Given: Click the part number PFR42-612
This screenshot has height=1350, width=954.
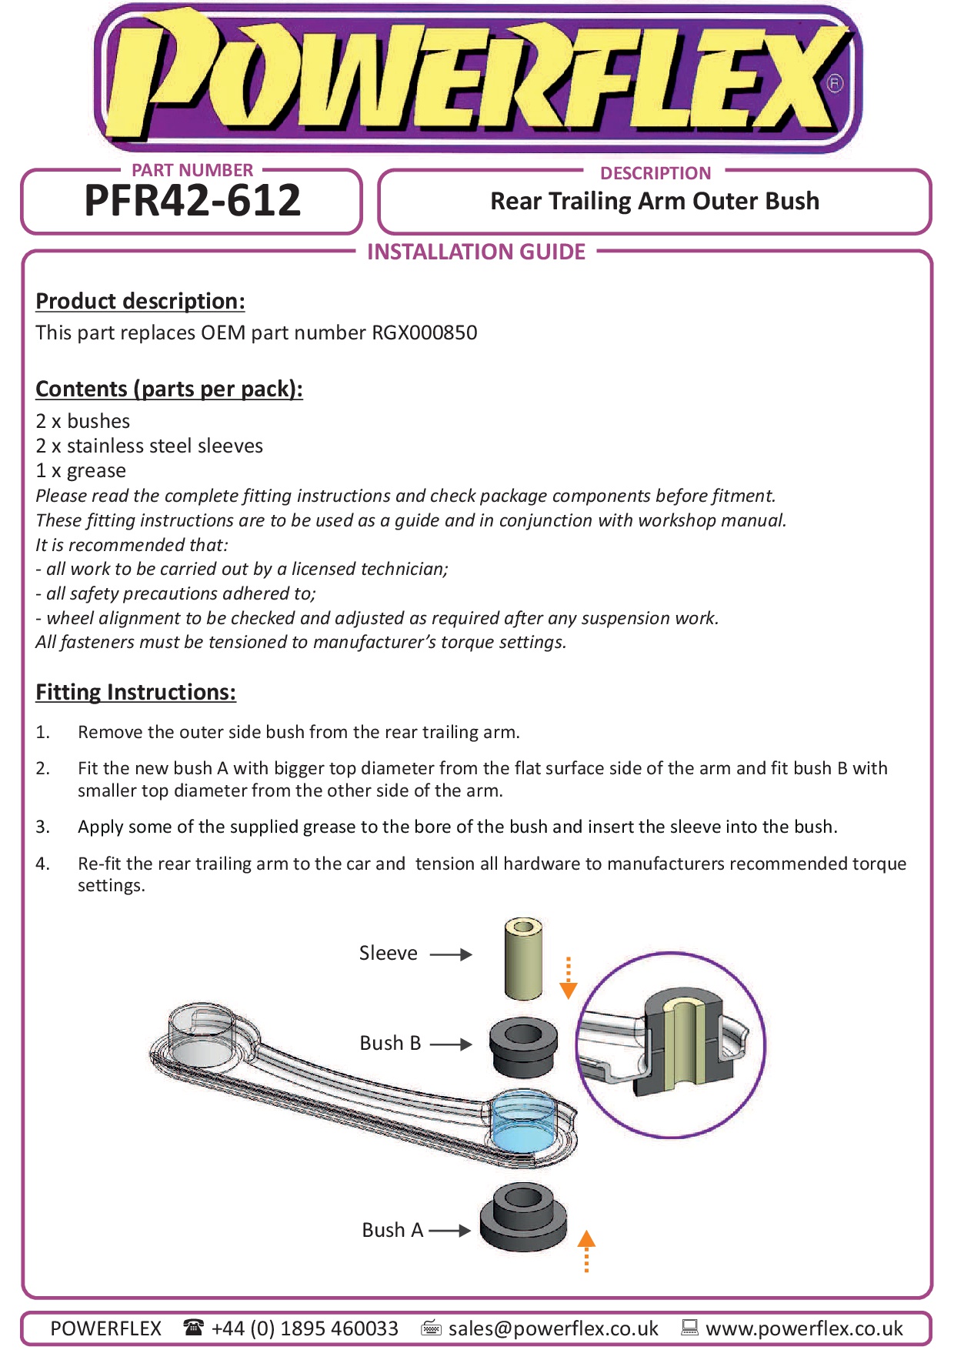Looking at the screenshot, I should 192,201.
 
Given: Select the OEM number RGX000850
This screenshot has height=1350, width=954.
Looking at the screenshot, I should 425,332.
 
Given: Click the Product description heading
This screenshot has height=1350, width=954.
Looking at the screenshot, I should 140,301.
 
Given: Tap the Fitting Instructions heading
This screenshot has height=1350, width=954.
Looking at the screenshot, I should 135,692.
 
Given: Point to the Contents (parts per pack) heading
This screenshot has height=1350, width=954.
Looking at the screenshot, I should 169,389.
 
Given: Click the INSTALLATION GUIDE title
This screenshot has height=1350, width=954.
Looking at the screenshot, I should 476,252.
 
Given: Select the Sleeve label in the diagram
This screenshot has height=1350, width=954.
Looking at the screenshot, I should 388,954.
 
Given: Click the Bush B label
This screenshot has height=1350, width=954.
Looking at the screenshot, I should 390,1044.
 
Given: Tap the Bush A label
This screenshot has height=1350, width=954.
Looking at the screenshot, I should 392,1230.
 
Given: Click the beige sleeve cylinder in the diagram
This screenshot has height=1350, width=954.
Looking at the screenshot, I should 523,958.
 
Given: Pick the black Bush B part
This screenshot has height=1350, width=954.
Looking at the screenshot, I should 523,1047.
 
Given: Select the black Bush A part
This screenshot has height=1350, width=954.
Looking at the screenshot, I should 523,1218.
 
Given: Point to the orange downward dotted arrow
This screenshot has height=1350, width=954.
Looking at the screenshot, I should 569,978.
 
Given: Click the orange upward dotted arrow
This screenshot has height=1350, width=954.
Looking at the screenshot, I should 586,1251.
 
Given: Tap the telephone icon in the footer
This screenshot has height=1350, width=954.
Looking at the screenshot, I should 193,1328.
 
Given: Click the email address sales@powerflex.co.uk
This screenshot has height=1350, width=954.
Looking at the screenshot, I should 553,1328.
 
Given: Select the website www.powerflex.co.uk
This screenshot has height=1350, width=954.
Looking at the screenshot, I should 804,1328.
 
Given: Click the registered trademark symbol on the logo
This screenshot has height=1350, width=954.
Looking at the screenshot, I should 835,83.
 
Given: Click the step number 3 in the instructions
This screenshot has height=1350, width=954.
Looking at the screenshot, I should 42,827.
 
